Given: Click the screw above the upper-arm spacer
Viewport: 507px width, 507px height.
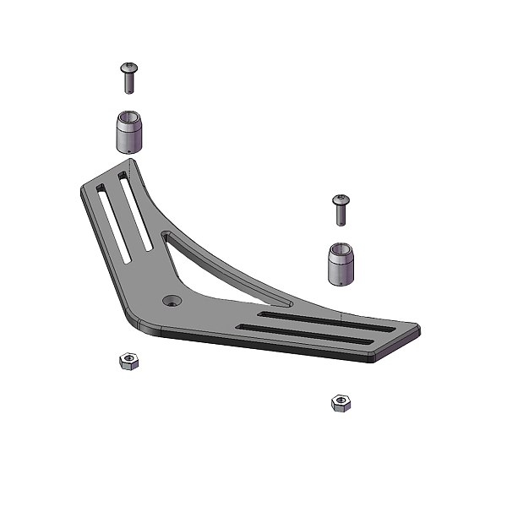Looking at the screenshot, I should [129, 78].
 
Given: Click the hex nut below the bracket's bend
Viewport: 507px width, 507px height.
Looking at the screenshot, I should [128, 363].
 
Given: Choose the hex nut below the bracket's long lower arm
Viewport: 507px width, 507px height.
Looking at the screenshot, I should [341, 402].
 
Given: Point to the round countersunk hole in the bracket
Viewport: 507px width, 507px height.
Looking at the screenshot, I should [172, 300].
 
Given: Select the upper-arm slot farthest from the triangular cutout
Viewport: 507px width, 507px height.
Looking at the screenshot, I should [111, 225].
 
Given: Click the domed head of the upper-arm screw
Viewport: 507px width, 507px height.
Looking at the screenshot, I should [129, 67].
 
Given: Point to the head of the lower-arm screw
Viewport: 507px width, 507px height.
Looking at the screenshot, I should [341, 199].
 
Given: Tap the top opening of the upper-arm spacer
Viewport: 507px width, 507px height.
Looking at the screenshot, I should [128, 117].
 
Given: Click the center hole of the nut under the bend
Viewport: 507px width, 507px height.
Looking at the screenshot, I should [128, 361].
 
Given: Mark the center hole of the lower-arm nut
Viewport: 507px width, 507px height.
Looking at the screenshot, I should [341, 401].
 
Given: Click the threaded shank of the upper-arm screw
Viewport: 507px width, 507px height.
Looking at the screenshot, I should [129, 83].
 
